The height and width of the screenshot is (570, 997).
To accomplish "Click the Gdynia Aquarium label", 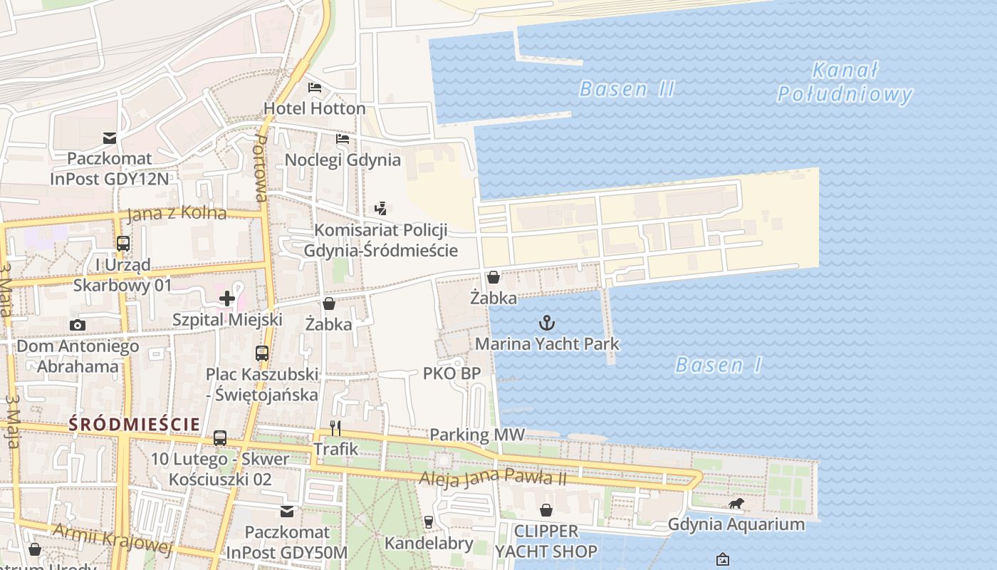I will point(736,525).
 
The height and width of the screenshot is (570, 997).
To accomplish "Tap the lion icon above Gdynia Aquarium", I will point(736,504).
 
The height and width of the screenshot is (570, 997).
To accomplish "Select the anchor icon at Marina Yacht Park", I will point(546,323).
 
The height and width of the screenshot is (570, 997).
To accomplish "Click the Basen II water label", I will point(627,89).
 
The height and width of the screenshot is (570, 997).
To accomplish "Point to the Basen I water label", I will point(718,366).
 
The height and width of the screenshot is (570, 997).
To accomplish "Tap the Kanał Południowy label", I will point(845,83).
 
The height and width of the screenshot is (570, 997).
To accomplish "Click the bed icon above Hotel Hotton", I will point(315,88).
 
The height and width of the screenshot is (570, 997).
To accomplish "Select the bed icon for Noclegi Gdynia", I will point(343,138).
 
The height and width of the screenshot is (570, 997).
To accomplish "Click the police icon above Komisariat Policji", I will point(381,209).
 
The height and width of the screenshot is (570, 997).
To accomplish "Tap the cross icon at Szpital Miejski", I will point(227,298).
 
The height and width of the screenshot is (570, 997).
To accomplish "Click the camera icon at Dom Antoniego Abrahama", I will point(78,326).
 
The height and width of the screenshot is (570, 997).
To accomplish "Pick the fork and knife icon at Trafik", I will point(335,428).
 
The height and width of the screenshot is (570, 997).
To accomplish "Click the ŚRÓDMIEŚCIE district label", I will point(135,424).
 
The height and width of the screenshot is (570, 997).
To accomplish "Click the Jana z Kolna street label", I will point(177,213).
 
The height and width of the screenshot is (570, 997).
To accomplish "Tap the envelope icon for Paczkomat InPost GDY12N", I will point(110,138).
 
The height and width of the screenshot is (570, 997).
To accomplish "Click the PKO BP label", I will point(451,373).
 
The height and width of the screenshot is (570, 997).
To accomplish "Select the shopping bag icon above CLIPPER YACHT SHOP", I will point(546,510).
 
